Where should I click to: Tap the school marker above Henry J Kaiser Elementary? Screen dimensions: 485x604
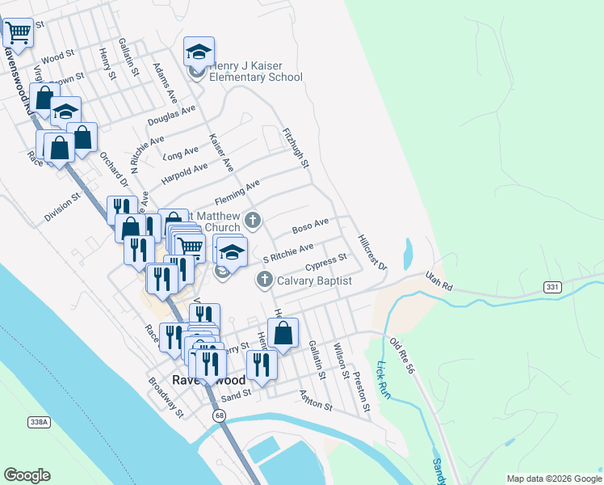[199, 53]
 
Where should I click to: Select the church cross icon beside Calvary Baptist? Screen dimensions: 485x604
[264, 280]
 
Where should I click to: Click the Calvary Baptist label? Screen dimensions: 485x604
[315, 280]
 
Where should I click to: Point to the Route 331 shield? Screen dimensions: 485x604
[552, 287]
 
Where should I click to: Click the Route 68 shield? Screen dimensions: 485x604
[219, 415]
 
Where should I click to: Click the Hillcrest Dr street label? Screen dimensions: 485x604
[372, 252]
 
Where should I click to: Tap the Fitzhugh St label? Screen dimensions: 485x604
[296, 147]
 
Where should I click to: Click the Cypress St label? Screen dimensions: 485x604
[326, 263]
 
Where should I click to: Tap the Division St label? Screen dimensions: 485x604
[63, 206]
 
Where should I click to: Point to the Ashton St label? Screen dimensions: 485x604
[316, 400]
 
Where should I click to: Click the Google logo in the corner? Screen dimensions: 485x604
[27, 475]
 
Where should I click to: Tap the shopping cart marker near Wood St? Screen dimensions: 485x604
[17, 33]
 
